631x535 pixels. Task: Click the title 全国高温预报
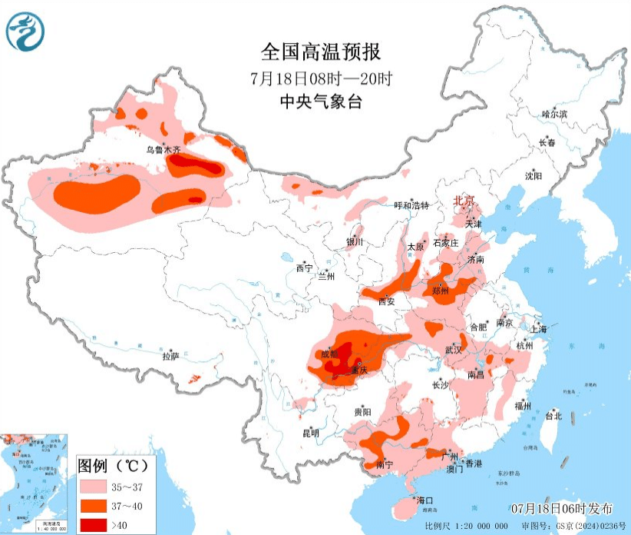pyautogui.click(x=320, y=52)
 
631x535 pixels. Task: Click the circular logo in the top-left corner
pyautogui.click(x=25, y=32)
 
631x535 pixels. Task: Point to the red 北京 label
pyautogui.click(x=464, y=201)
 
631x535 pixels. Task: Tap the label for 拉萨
pyautogui.click(x=170, y=356)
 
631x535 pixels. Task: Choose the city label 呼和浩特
pyautogui.click(x=411, y=205)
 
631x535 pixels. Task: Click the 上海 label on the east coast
pyautogui.click(x=537, y=329)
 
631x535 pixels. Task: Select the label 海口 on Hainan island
pyautogui.click(x=424, y=500)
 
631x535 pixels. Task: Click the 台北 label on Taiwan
pyautogui.click(x=553, y=416)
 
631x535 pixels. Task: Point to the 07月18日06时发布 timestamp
pyautogui.click(x=562, y=508)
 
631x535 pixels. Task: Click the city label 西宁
pyautogui.click(x=305, y=268)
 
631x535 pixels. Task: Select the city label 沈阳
pyautogui.click(x=533, y=176)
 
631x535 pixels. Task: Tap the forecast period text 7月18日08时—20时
pyautogui.click(x=320, y=78)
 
